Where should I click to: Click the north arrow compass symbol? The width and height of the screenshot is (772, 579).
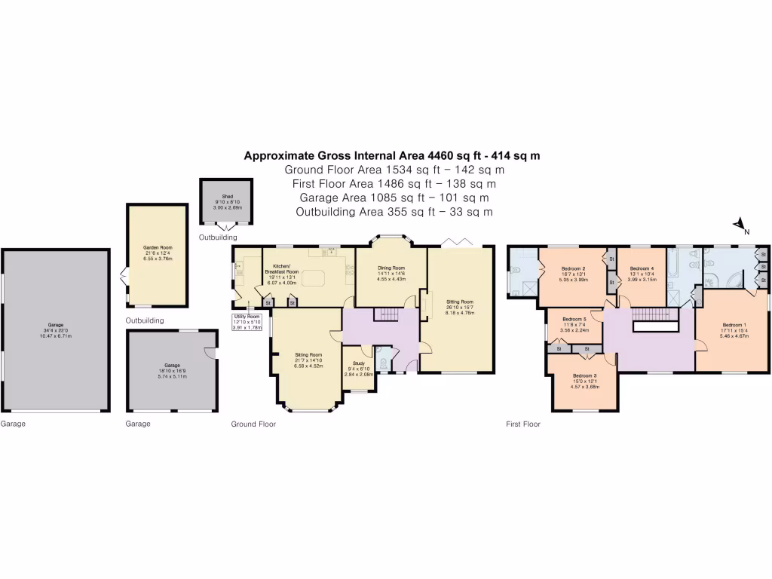740,225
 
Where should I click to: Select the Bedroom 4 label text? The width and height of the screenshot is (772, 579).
642,268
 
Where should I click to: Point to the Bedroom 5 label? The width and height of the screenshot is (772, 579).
574,319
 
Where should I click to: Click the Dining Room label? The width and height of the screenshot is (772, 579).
391,268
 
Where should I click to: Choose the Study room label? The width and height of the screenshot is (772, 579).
359,363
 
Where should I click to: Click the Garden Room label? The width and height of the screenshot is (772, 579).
158,247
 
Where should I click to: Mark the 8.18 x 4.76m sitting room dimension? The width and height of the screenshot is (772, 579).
460,313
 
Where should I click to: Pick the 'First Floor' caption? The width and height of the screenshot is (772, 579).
522,424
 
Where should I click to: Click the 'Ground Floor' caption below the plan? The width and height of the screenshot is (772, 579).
253,424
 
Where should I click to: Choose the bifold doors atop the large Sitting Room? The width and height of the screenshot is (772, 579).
455,241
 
